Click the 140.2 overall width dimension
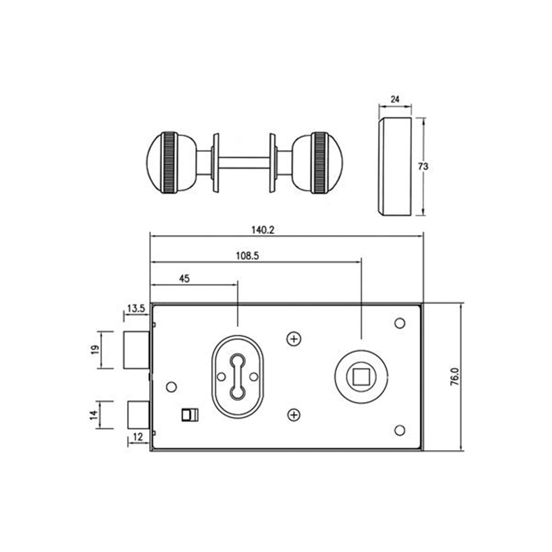264,230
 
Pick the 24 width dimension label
395,99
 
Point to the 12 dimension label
137,436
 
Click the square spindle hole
360,377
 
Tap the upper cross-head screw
293,339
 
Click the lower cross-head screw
293,415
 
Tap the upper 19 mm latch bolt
137,350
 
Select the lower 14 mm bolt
138,414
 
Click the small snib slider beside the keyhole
190,414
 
